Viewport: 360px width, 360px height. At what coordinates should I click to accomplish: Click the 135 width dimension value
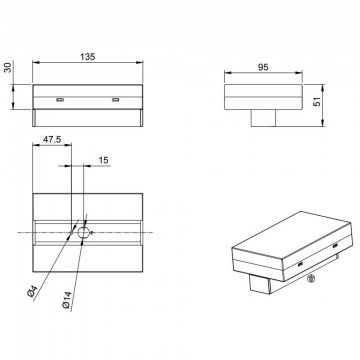click(x=88, y=57)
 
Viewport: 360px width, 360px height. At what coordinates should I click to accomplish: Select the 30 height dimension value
click(x=7, y=67)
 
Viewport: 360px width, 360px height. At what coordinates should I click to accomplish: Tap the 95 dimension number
click(x=263, y=67)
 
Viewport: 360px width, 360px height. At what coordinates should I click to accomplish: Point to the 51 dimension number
click(x=318, y=101)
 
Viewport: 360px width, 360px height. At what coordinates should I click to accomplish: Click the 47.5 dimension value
click(x=52, y=140)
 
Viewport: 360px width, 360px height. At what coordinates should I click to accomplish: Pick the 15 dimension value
click(x=104, y=160)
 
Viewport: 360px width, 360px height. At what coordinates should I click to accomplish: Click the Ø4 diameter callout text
click(x=32, y=293)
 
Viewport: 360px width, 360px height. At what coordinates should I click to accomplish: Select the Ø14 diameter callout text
click(x=67, y=300)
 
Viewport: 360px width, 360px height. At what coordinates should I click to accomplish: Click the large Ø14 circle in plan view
click(x=84, y=232)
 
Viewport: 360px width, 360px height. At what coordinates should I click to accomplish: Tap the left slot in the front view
click(x=60, y=100)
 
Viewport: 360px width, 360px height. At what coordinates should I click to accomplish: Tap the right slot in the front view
click(x=116, y=100)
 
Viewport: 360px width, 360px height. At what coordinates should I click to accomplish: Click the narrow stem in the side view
click(x=263, y=118)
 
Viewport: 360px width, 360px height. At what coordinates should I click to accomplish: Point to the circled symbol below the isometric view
click(x=311, y=278)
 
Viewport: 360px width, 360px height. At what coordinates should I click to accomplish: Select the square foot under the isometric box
click(x=259, y=284)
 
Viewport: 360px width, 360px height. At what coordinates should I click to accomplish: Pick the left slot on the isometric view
click(x=300, y=265)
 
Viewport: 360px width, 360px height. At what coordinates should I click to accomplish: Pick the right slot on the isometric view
click(x=335, y=246)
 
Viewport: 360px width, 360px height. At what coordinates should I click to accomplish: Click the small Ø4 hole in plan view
click(x=71, y=232)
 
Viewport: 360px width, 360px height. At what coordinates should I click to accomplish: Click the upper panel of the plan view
click(x=88, y=207)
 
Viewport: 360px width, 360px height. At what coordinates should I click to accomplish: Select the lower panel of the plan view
click(x=88, y=259)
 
